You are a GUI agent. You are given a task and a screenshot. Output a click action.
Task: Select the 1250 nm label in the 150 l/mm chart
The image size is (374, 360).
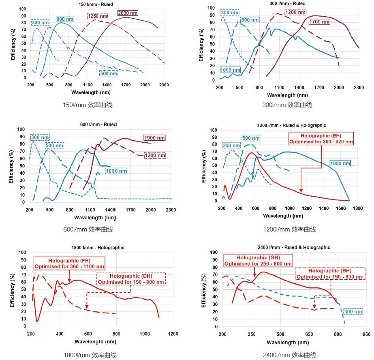(x=98, y=16)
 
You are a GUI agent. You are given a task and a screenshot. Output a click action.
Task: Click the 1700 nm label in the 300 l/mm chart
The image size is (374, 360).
(x=320, y=21)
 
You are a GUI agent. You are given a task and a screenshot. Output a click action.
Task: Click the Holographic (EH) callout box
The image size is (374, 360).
(x=321, y=139)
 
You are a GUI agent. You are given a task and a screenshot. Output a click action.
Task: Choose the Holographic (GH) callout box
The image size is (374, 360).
(x=258, y=260)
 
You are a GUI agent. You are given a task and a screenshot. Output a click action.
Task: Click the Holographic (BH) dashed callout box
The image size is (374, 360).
(x=330, y=273)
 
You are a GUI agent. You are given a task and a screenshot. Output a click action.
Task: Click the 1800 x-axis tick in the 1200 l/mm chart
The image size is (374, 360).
(x=357, y=208)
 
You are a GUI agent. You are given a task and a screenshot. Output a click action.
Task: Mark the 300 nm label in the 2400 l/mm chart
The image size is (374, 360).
(x=353, y=312)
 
